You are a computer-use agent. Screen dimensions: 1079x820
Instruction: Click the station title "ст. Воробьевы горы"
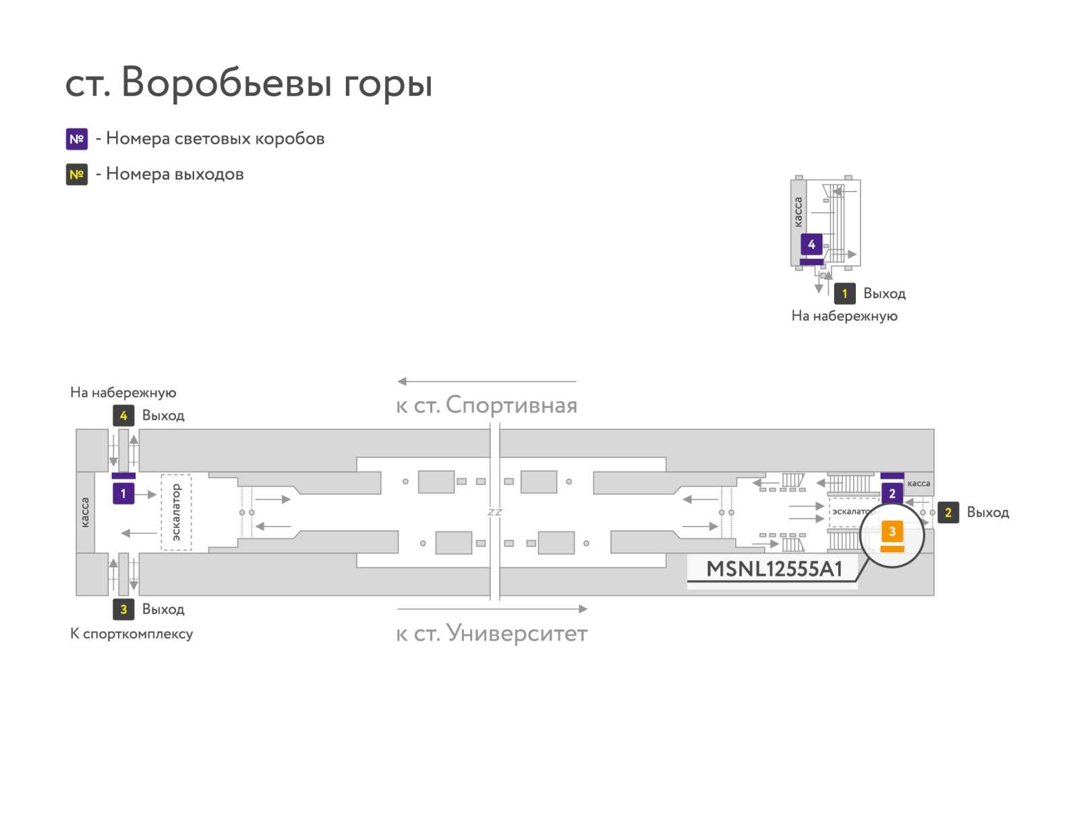(248, 82)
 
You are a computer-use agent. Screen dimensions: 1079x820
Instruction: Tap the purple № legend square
(77, 138)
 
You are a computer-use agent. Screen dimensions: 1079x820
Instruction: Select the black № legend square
(77, 174)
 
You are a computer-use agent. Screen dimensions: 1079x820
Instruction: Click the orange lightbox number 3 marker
(892, 531)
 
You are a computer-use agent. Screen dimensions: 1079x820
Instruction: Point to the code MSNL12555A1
(774, 568)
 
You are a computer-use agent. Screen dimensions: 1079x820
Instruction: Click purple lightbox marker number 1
(123, 493)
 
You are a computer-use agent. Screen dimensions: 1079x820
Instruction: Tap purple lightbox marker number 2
(892, 493)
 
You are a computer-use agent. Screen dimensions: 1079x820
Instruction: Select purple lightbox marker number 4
(811, 244)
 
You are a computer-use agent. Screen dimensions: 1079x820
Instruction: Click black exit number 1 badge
(844, 293)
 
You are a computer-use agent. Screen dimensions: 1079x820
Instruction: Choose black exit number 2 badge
(947, 512)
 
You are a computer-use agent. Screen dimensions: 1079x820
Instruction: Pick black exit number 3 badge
(123, 609)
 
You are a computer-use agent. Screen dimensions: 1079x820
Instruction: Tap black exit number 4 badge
(123, 415)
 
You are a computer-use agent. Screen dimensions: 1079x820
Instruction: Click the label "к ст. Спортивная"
(486, 405)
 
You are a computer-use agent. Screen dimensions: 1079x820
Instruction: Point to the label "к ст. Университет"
(492, 633)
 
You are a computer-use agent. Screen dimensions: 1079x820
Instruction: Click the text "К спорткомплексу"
(132, 634)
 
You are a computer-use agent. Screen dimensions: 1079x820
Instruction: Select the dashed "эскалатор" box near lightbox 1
(176, 512)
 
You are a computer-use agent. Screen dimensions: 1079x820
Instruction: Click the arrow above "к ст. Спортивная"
(486, 381)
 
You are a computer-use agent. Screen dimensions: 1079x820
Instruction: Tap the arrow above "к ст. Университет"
(492, 609)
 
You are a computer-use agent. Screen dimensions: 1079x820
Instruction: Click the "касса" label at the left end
(85, 512)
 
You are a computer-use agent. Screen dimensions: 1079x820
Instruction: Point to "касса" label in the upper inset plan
(798, 212)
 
